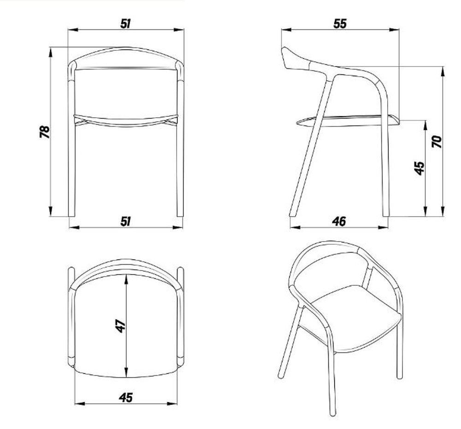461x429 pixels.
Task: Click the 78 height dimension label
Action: click(45, 132)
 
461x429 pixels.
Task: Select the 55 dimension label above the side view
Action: click(340, 24)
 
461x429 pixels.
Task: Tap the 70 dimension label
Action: click(437, 142)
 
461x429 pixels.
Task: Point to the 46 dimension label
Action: click(339, 221)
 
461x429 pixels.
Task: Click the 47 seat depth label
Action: click(120, 326)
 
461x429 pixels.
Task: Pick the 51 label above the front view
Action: click(125, 24)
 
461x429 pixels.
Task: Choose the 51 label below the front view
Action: click(125, 221)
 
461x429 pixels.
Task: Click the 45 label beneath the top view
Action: click(126, 398)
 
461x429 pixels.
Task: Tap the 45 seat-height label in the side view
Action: click(420, 168)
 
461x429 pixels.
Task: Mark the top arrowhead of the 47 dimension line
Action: click(126, 279)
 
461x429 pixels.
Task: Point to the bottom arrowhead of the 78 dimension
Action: click(51, 211)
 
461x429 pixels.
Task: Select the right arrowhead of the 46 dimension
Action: click(383, 227)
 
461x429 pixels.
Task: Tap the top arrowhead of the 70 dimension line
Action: click(443, 72)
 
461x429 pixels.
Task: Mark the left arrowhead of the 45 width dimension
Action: click(80, 404)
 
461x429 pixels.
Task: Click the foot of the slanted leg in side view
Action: click(292, 215)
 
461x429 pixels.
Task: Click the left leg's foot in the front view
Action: click(71, 215)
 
